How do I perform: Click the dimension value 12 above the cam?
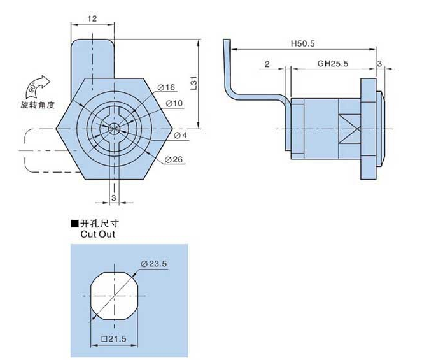tap(92, 20)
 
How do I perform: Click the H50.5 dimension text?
tap(303, 44)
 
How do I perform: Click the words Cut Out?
tap(97, 234)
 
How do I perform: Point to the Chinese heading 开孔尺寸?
tap(100, 224)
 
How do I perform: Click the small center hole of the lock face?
tap(115, 127)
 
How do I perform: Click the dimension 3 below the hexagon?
tap(113, 198)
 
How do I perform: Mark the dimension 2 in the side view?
tap(267, 64)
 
